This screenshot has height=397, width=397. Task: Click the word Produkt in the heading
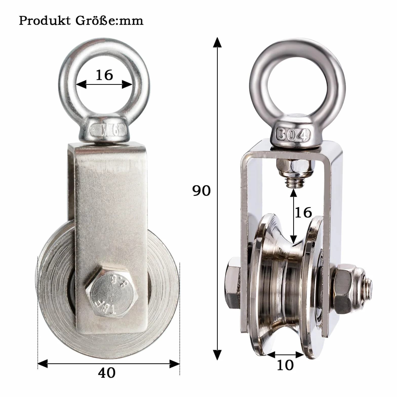pyautogui.click(x=45, y=21)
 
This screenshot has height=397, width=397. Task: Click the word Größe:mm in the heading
pyautogui.click(x=109, y=21)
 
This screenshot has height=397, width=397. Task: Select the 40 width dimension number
pyautogui.click(x=107, y=373)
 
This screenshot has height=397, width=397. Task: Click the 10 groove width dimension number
pyautogui.click(x=285, y=365)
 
